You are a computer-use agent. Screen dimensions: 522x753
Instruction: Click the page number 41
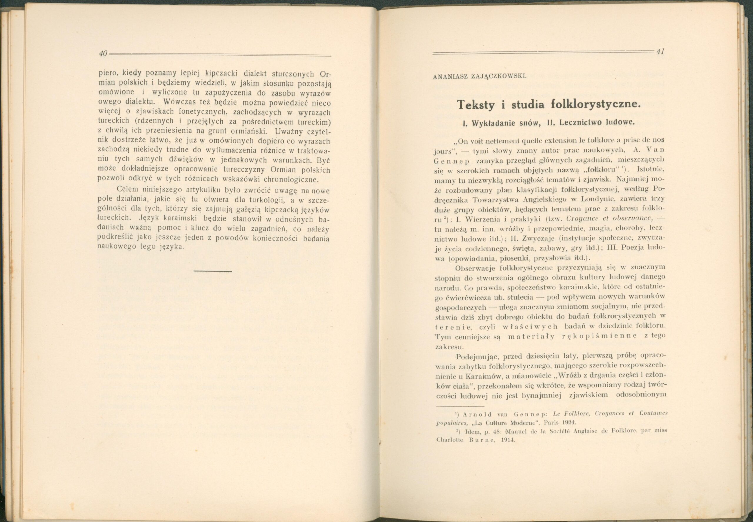tap(660, 51)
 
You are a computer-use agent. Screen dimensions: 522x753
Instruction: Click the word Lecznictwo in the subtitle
tap(575, 123)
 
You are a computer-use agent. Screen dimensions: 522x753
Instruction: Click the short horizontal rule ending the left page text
tap(213, 271)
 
